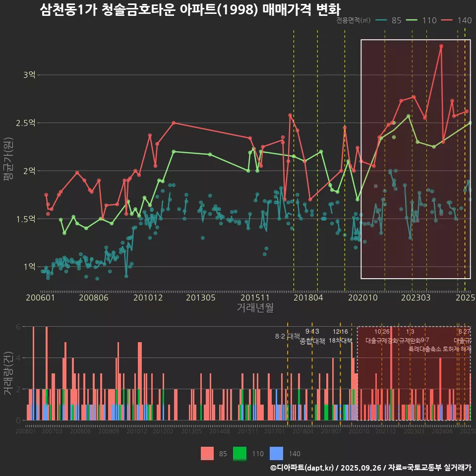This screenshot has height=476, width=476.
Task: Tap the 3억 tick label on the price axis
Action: pos(29,75)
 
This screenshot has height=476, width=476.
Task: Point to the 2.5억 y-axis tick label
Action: pos(26,123)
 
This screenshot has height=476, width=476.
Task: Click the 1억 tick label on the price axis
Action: pos(29,267)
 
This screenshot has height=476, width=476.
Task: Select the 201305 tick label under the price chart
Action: pos(200,297)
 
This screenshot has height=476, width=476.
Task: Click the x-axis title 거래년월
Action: pos(254,307)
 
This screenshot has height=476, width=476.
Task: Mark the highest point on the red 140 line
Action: pos(441,46)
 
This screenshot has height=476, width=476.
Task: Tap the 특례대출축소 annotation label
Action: pos(424,349)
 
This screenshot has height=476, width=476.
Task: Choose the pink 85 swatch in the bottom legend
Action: pos(207,453)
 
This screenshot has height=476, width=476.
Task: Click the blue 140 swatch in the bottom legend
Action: pos(276,453)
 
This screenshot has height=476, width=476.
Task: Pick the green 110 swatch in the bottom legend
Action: pos(240,453)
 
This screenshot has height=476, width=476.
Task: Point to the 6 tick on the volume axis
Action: pos(18,327)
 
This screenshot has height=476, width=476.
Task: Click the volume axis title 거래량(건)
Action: pos(8,373)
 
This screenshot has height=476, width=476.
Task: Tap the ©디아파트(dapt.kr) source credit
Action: pos(302,468)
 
